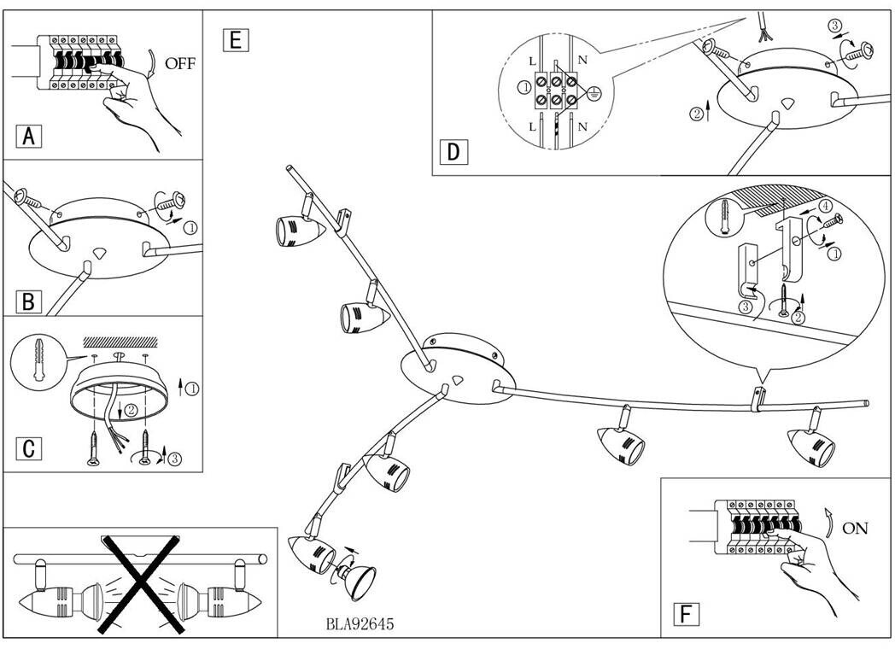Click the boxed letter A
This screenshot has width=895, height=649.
(29, 136)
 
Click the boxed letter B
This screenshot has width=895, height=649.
(29, 301)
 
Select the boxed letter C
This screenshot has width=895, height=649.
(29, 447)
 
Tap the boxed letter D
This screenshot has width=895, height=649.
(453, 153)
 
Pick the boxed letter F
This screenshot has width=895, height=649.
(684, 614)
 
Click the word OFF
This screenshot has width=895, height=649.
(180, 63)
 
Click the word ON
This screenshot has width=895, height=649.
(855, 528)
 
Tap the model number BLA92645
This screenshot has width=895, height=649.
(360, 624)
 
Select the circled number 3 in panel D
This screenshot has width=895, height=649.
(835, 27)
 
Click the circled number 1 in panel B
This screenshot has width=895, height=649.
(190, 227)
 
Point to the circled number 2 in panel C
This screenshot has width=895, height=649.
(130, 410)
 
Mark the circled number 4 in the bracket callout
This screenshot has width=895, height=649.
(825, 206)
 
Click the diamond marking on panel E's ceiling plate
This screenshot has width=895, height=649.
(459, 379)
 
